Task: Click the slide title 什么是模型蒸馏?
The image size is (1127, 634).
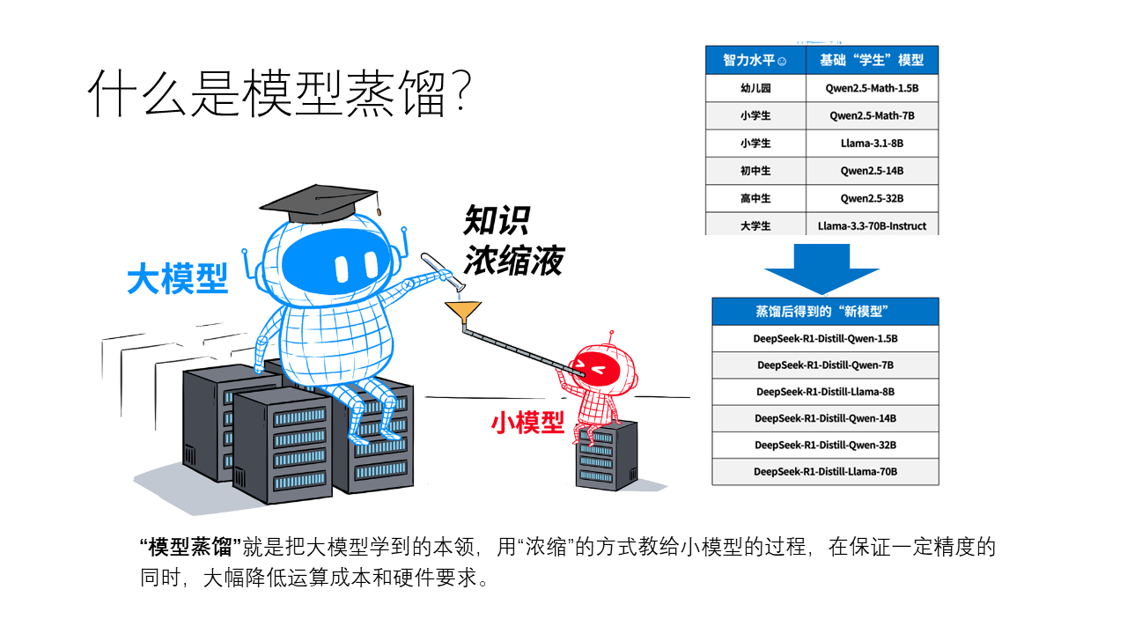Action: coord(280,93)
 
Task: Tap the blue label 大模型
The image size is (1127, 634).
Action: coord(178,278)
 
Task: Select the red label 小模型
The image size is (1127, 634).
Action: coord(527,422)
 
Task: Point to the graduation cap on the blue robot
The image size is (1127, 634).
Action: coord(320,203)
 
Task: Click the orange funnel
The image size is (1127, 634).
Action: coord(463,312)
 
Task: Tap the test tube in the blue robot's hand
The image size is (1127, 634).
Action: coord(443,272)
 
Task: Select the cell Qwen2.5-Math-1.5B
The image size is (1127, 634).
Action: coord(872,88)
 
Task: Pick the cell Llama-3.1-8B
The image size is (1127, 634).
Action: coord(872,144)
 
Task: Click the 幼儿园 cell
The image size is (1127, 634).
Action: coord(755,88)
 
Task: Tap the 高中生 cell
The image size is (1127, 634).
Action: coord(755,198)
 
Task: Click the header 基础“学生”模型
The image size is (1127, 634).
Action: coord(872,61)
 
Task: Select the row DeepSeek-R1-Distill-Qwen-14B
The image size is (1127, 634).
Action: coord(825,418)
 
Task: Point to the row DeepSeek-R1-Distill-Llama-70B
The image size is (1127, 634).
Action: coord(825,471)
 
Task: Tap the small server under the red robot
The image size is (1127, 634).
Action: coord(606,456)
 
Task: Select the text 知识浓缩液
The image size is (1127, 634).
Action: coord(513,240)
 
